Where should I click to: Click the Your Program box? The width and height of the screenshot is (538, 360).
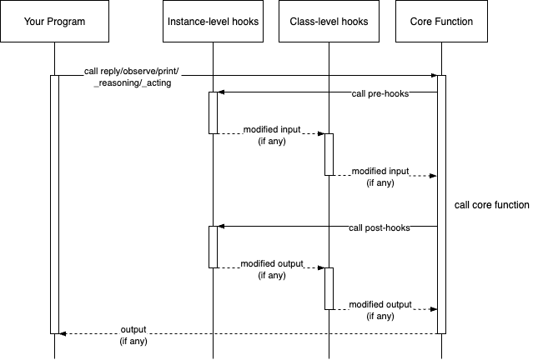(54, 20)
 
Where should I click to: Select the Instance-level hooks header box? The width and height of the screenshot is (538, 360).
(212, 20)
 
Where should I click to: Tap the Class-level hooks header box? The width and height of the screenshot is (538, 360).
(328, 20)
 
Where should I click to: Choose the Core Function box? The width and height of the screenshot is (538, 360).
(441, 20)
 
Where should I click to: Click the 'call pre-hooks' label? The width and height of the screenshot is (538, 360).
(380, 94)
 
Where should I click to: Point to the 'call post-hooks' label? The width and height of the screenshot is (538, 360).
(380, 227)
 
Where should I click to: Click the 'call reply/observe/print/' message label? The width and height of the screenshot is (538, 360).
(133, 72)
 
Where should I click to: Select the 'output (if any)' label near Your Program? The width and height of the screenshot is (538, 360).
(134, 335)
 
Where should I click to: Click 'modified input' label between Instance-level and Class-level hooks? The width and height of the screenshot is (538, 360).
(272, 136)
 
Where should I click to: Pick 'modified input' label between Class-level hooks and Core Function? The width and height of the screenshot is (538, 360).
(380, 177)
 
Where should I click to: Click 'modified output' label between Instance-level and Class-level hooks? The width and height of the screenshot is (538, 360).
(272, 269)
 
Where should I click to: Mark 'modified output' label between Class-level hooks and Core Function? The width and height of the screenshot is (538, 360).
(380, 309)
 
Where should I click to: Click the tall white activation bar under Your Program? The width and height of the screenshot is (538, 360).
(55, 204)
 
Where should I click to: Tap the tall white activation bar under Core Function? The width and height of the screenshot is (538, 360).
(442, 204)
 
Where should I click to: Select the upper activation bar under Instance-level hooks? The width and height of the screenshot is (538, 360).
(213, 112)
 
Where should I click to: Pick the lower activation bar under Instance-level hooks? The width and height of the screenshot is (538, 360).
(213, 247)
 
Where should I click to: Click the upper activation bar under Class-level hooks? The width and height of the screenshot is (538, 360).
(329, 154)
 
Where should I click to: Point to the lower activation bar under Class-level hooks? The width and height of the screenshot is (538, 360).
(329, 288)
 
